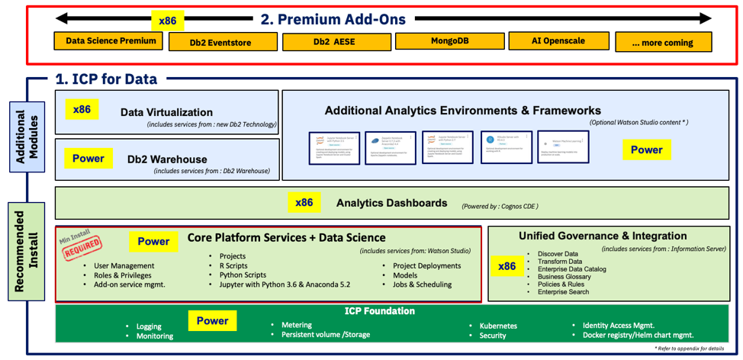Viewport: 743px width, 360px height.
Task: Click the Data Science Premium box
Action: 110,40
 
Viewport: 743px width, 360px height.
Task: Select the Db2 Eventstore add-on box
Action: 220,43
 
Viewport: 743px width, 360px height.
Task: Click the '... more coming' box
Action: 663,43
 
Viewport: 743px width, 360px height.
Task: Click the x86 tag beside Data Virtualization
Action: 82,110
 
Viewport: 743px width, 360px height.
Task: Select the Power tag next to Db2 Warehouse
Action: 88,159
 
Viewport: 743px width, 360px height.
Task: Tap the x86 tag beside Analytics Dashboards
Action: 304,202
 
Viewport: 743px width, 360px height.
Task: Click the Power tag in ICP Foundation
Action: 212,321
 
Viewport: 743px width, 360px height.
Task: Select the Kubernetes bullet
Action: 497,325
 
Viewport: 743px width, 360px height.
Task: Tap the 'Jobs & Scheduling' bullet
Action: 422,284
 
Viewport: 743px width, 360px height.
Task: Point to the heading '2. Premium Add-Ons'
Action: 333,19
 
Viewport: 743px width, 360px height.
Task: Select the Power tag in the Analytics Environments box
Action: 646,150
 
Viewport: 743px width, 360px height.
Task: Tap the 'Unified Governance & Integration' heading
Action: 603,236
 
